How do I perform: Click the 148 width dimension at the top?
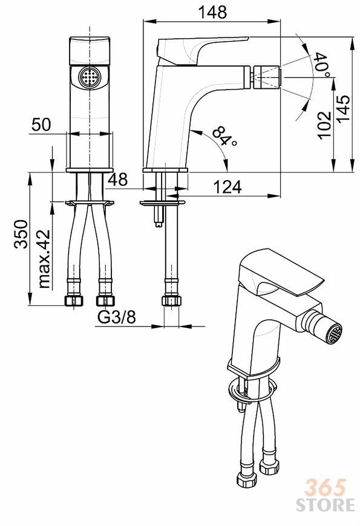tap(212, 13)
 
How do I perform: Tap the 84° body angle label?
tap(224, 137)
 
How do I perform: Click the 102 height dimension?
tap(324, 125)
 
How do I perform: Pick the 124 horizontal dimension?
tap(227, 187)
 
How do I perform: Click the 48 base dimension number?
tap(117, 180)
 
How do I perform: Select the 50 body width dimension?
tap(41, 124)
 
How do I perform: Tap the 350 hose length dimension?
tap(21, 234)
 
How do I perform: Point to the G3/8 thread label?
tap(117, 317)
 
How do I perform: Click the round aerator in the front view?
tap(90, 78)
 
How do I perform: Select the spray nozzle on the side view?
tap(266, 77)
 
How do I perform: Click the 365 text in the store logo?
tap(325, 487)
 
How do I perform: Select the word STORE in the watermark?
tap(325, 505)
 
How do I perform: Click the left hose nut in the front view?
tap(73, 300)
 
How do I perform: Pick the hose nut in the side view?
tap(171, 300)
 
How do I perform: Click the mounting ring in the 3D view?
tap(252, 391)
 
